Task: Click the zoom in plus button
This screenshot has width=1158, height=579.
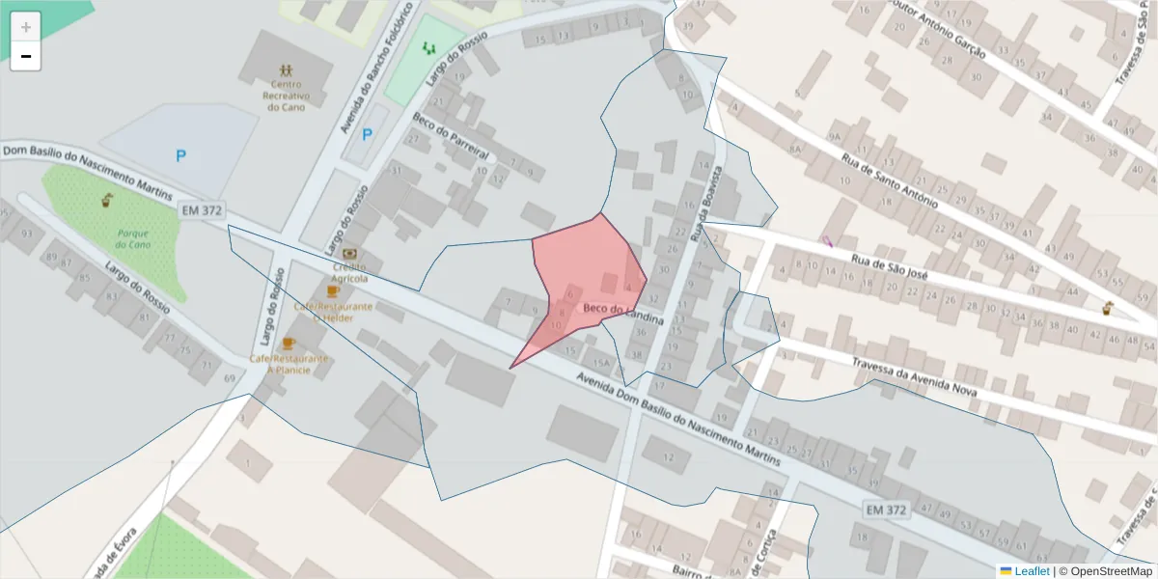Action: click(x=26, y=27)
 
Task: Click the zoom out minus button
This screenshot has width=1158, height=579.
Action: click(x=26, y=56)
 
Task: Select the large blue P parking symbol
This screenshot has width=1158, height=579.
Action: click(x=181, y=155)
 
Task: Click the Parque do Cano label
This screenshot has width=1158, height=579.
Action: click(x=134, y=238)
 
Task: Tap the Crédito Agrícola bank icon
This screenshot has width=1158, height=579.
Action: click(x=349, y=253)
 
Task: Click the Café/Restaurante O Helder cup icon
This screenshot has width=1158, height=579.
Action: click(x=333, y=290)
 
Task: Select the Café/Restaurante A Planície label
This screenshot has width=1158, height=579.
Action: click(x=289, y=364)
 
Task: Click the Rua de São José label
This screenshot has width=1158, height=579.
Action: click(x=890, y=267)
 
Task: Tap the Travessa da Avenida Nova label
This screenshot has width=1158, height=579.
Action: click(x=915, y=376)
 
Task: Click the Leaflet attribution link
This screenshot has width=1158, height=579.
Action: click(x=1032, y=571)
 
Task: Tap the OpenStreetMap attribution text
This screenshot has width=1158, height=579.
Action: click(x=1106, y=571)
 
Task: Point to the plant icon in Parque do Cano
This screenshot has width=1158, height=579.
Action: click(x=107, y=201)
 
